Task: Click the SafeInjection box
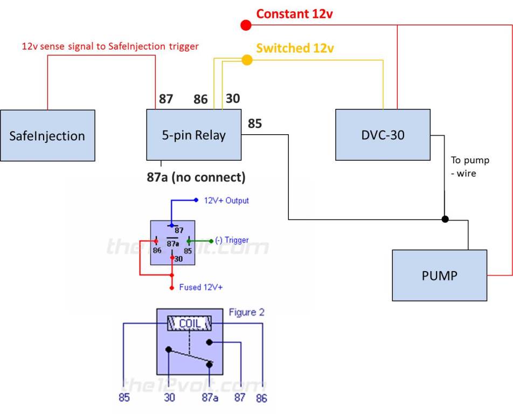tap(47, 135)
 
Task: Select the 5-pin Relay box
tap(194, 135)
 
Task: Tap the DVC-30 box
tap(383, 135)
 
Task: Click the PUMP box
tap(440, 275)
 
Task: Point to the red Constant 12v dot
tap(246, 25)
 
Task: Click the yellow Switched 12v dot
tap(247, 60)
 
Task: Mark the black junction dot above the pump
tap(445, 219)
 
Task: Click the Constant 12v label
tap(294, 14)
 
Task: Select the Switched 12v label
tap(295, 49)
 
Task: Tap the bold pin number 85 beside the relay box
tap(255, 124)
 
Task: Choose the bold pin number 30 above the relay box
tap(233, 99)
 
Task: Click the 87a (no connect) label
tap(196, 176)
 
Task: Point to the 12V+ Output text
tap(226, 201)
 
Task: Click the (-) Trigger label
tap(232, 240)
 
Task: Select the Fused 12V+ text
tap(201, 287)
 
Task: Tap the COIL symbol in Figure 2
tap(189, 323)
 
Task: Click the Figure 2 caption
tap(246, 313)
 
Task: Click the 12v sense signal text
tap(110, 46)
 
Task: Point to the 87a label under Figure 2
tap(210, 398)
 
